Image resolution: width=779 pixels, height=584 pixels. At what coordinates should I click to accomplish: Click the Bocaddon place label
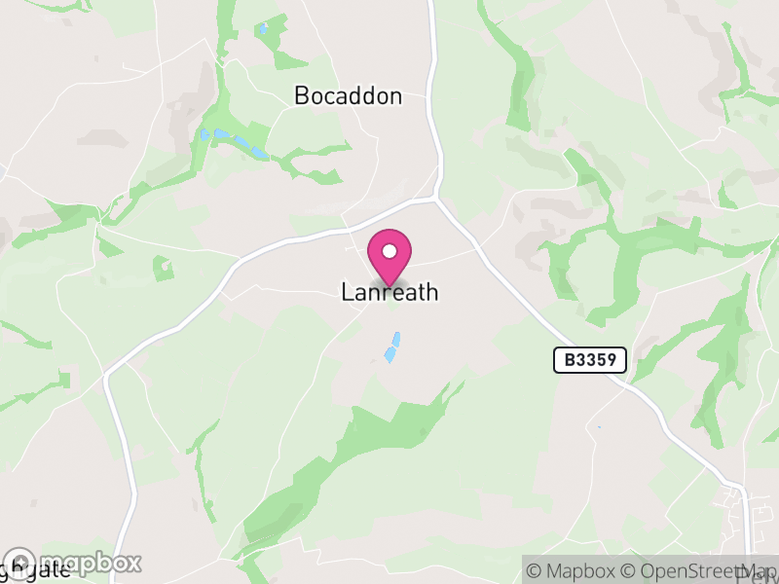[x=348, y=95]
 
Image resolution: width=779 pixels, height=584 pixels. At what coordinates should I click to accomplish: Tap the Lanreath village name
[x=389, y=292]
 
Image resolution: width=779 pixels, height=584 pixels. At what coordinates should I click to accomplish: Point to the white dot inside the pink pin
[x=389, y=252]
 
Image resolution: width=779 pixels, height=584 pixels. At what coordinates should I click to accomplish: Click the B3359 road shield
[x=590, y=359]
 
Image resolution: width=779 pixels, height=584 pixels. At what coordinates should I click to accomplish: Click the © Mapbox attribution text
[x=574, y=569]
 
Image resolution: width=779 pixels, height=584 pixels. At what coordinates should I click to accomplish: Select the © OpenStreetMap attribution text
[x=697, y=569]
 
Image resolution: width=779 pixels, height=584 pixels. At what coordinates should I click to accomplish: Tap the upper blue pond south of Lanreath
[x=395, y=339]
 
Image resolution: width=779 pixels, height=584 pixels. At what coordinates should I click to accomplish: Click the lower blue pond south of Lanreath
[x=389, y=355]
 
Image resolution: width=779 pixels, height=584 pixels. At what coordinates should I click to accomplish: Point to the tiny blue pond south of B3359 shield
[x=598, y=427]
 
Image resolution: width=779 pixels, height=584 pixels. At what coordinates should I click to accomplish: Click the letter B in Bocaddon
[x=301, y=95]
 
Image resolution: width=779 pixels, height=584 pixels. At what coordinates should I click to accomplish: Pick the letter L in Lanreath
[x=347, y=292]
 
